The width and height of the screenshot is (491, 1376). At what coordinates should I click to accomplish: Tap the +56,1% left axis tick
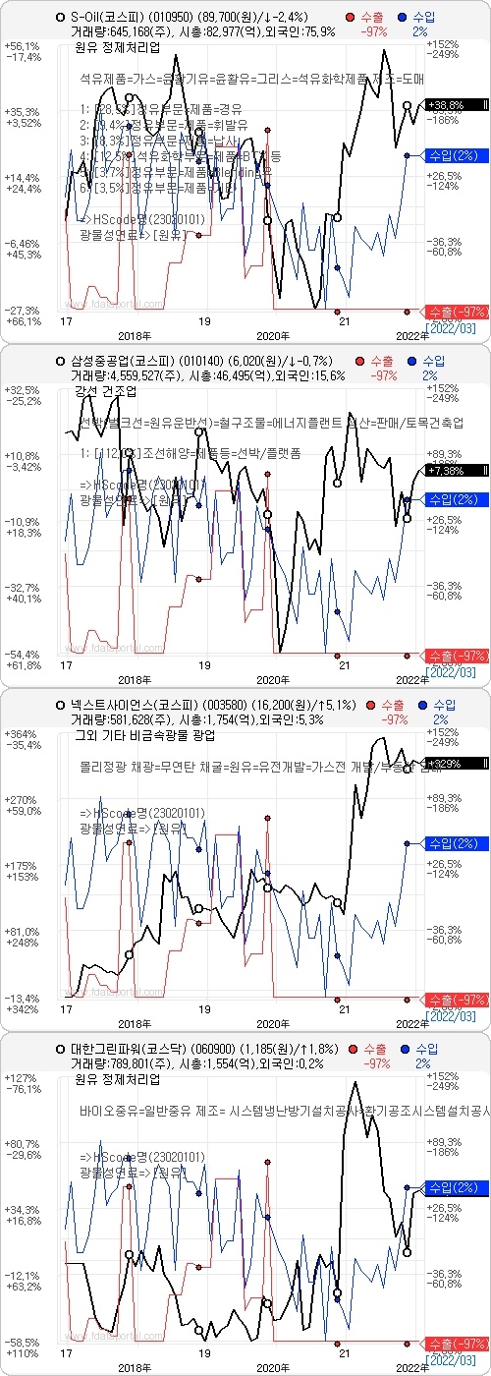point(22,46)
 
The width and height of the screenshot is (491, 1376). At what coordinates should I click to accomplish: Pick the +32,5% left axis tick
point(22,390)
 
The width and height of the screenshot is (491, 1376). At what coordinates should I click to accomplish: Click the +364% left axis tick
point(22,734)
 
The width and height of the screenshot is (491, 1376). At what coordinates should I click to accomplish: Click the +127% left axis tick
point(22,1078)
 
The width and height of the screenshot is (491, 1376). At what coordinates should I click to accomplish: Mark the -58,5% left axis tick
point(22,1342)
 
